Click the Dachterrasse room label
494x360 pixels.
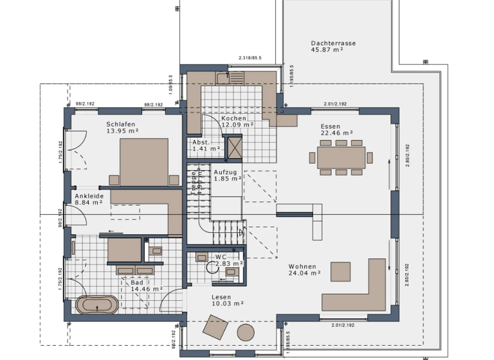pos(333,43)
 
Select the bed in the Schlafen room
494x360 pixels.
pos(144,161)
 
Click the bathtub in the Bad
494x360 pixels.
pos(97,305)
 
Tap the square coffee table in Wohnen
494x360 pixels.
pos(340,271)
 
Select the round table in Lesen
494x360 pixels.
pos(245,332)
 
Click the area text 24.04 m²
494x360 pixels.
pos(304,273)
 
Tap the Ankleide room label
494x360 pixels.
pos(89,195)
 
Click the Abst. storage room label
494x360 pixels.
pos(201,142)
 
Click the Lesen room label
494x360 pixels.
pos(221,296)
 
